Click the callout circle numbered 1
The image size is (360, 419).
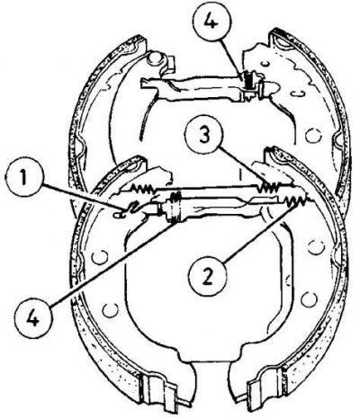pyautogui.click(x=24, y=177)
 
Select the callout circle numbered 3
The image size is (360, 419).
pyautogui.click(x=204, y=136)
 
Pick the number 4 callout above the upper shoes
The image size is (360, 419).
pyautogui.click(x=211, y=22)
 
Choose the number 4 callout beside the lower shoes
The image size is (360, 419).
pyautogui.click(x=33, y=319)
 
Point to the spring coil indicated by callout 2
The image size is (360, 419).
pyautogui.click(x=295, y=200)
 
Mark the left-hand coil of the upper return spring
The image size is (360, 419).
pyautogui.click(x=141, y=189)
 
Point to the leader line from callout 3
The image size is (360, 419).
pyautogui.click(x=241, y=166)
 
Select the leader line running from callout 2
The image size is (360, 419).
pyautogui.click(x=258, y=231)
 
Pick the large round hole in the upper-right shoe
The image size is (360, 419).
pyautogui.click(x=314, y=136)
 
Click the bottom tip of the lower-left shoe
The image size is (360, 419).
pyautogui.click(x=186, y=406)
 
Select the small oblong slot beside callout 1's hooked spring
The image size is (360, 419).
pyautogui.click(x=119, y=214)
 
